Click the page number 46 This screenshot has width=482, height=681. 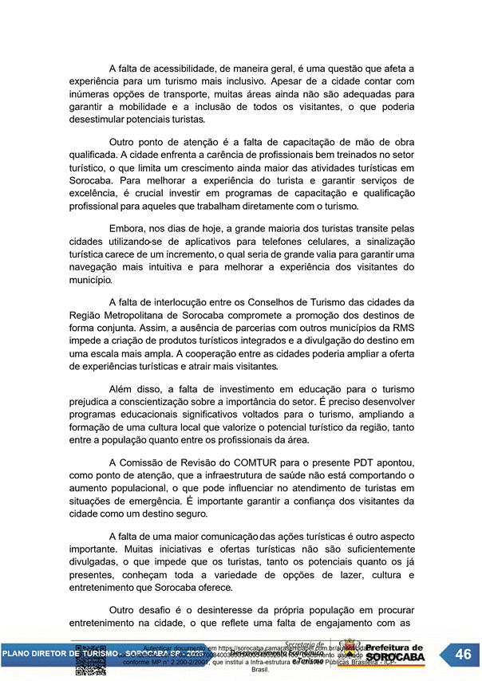463,655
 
